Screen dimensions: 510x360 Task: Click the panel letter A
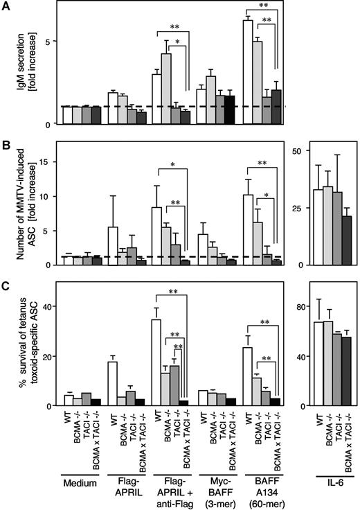[6, 6]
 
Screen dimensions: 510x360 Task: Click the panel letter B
[6, 146]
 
